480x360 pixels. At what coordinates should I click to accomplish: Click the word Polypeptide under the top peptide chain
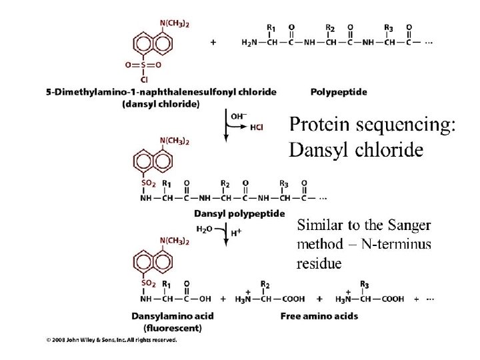tap(339, 91)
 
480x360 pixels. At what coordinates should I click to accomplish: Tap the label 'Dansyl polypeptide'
tap(239, 213)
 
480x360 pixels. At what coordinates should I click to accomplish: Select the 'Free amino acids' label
tap(319, 315)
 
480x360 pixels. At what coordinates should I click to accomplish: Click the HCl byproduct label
tap(257, 128)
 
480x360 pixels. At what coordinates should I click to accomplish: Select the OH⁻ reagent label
tap(238, 116)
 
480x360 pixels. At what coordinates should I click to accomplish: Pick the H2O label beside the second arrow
tap(205, 229)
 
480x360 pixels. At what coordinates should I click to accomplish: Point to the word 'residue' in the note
tap(319, 263)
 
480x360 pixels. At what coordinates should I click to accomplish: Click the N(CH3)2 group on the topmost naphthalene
tap(175, 23)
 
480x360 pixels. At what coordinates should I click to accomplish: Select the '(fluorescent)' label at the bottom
tap(163, 327)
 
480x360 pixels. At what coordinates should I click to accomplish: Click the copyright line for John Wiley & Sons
tap(111, 339)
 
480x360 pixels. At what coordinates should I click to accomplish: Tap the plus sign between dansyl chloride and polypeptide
tap(213, 41)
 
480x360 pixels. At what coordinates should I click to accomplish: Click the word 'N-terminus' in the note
tap(394, 244)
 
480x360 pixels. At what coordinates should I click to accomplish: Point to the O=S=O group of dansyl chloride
tap(143, 65)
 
